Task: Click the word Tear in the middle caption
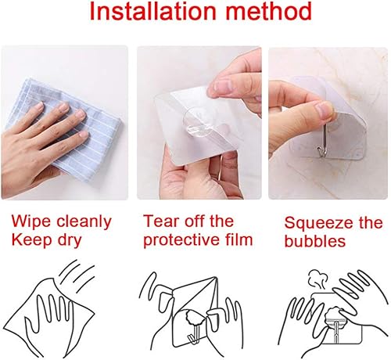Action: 160,221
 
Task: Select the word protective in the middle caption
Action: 178,239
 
